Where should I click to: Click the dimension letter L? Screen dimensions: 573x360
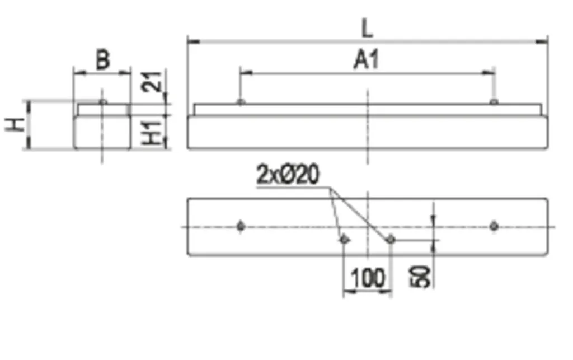point(367,29)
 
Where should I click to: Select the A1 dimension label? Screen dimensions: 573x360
point(366,60)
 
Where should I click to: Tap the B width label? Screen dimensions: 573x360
point(103,60)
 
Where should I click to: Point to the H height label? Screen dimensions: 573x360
point(15,125)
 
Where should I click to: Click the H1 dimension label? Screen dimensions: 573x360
point(152,132)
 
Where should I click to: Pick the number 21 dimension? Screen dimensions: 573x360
point(151,81)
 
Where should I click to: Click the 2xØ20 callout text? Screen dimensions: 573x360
point(288,174)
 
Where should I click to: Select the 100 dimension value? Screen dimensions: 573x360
point(368,278)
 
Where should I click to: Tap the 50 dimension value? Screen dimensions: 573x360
point(420,277)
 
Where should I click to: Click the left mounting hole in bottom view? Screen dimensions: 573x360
point(241,226)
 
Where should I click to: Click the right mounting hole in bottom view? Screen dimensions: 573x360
point(494,226)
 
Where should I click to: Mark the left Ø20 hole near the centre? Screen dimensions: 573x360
point(344,240)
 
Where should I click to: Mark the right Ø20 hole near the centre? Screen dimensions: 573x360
point(391,240)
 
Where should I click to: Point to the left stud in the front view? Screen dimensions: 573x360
point(241,101)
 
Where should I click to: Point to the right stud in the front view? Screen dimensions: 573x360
point(494,101)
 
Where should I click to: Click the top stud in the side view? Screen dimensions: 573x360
point(103,101)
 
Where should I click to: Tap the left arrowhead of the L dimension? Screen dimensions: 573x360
point(193,41)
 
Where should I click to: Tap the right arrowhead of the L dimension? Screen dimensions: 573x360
point(542,41)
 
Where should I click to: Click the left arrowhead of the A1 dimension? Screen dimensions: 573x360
point(247,73)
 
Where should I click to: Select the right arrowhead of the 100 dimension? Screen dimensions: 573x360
point(386,292)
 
